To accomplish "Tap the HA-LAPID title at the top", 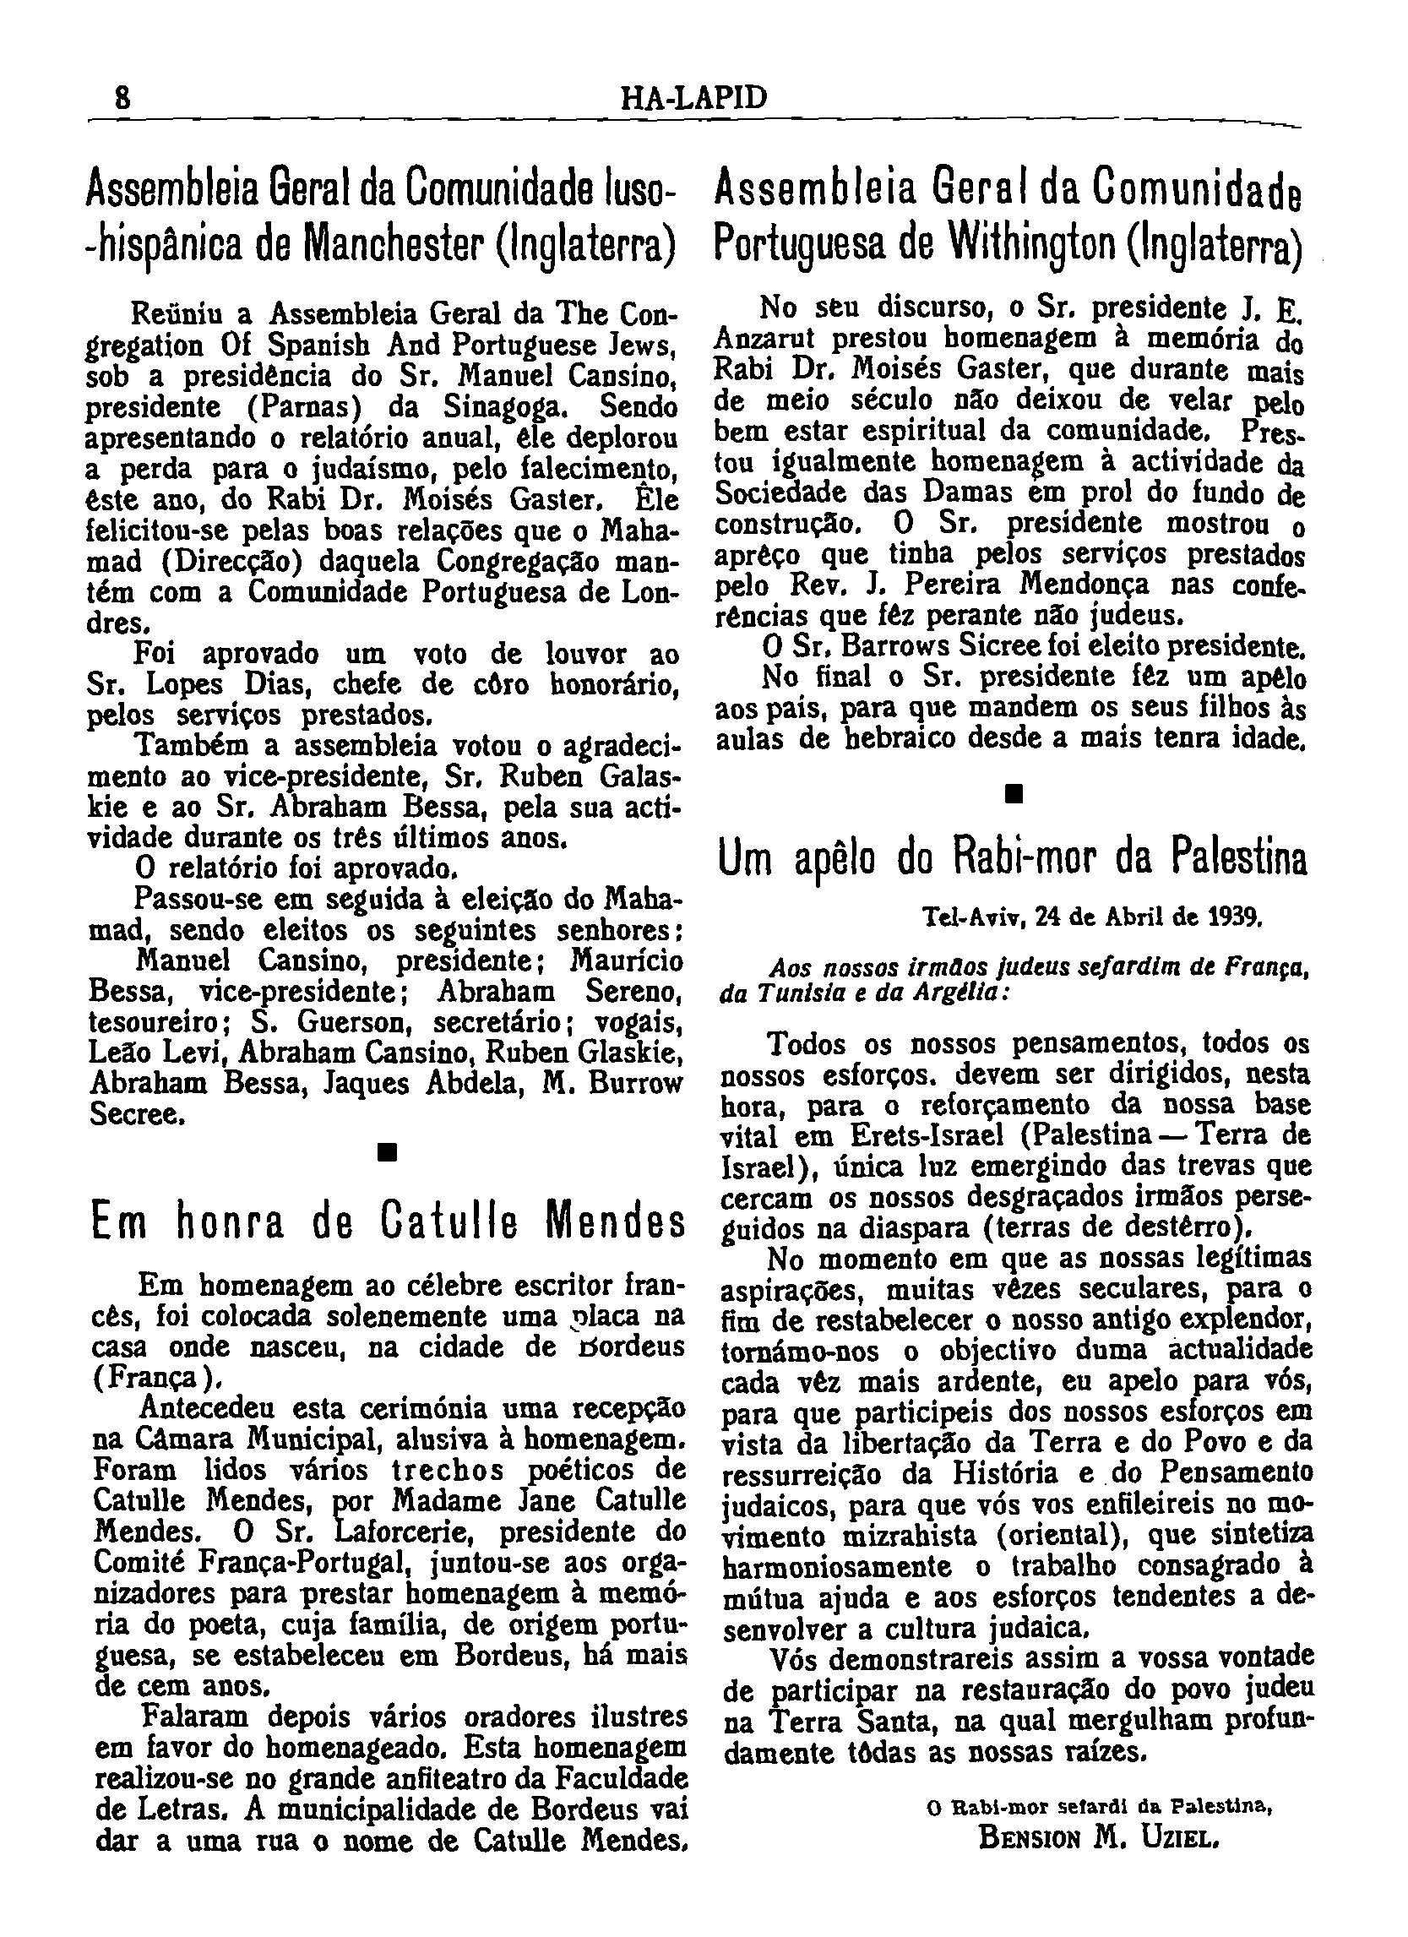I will click(693, 98).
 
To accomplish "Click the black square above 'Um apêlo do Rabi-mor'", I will click(1014, 795).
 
